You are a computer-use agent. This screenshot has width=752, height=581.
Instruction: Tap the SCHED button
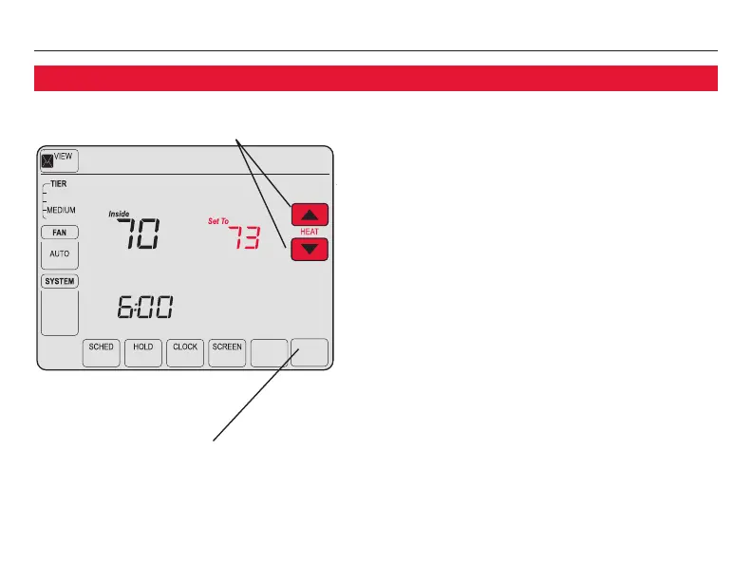coord(101,352)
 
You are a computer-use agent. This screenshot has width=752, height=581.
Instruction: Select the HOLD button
coord(143,352)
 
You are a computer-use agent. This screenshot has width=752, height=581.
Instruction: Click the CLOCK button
coord(185,352)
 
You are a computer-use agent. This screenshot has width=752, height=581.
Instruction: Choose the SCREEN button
coord(227,352)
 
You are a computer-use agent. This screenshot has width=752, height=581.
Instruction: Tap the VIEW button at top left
coord(60,161)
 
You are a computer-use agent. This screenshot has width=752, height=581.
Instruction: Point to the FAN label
coord(60,232)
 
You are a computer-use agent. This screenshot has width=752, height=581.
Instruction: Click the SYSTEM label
coord(60,282)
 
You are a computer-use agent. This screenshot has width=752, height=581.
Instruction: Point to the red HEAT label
coord(309,232)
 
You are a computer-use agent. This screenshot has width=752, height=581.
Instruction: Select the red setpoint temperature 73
coord(235,237)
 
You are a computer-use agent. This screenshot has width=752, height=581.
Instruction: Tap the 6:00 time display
coord(144,308)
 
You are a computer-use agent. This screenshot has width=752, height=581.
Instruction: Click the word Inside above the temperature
coord(119,215)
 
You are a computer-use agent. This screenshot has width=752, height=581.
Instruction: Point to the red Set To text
coord(219,221)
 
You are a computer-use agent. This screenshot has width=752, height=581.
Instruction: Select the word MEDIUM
coord(62,210)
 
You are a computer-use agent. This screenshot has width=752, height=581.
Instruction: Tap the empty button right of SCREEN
coord(269,352)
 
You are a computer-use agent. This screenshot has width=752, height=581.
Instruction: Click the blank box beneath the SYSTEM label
coord(60,311)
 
